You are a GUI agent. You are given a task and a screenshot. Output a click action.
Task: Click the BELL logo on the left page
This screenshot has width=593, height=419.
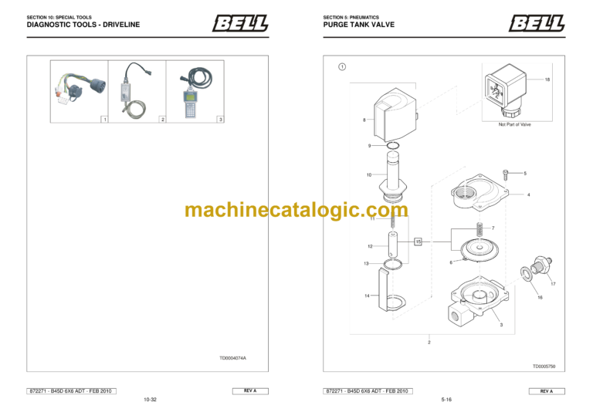(x=240, y=24)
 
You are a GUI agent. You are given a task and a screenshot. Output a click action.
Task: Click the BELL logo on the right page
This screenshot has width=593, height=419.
(x=536, y=24)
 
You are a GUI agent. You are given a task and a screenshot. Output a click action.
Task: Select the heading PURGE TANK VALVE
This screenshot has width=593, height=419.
(x=358, y=25)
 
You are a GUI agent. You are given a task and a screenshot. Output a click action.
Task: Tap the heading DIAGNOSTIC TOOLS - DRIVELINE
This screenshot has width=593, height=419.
(x=83, y=25)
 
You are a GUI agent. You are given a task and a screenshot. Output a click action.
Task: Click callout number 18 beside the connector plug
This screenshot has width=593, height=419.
(x=547, y=80)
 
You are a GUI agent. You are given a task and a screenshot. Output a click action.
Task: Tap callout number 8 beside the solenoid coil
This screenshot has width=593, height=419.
(x=364, y=120)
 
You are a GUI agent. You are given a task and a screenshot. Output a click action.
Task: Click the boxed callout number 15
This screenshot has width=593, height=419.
(x=418, y=242)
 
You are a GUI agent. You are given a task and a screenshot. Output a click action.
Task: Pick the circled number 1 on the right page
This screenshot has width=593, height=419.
(x=342, y=66)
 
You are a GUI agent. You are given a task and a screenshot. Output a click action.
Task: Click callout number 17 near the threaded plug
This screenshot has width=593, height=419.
(x=553, y=284)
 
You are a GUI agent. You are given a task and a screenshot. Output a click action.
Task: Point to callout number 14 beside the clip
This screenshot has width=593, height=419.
(x=367, y=296)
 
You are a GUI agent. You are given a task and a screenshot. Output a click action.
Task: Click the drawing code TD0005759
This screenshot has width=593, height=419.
(x=544, y=367)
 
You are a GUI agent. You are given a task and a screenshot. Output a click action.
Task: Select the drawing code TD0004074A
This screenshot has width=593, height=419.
(x=232, y=358)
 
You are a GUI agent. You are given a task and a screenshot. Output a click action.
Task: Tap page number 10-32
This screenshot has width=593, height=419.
(x=150, y=400)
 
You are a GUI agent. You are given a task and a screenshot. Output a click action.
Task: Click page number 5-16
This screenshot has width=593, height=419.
(x=446, y=400)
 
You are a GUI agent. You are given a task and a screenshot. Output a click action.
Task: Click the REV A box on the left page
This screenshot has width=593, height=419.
(x=250, y=391)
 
